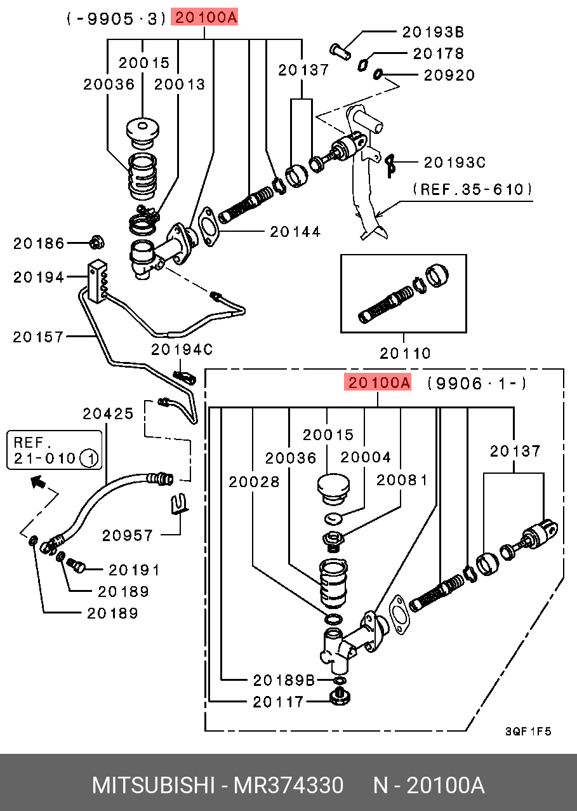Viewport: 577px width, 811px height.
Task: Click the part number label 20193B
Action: (x=433, y=32)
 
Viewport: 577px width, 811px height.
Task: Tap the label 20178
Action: (x=439, y=53)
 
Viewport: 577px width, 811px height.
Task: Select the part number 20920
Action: (x=449, y=76)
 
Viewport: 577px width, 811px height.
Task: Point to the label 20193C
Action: (x=454, y=163)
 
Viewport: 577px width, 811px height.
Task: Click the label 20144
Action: (x=295, y=232)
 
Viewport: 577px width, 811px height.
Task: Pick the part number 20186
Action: (x=39, y=243)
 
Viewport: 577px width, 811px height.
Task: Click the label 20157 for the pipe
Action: (x=38, y=337)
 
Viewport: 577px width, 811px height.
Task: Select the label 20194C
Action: (x=182, y=349)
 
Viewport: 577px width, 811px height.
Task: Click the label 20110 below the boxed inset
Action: (x=405, y=353)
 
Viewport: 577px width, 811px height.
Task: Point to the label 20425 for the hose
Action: (x=109, y=413)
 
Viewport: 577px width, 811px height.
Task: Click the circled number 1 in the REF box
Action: (x=89, y=459)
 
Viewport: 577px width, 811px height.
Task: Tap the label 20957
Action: (x=128, y=535)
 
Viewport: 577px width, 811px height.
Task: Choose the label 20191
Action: (x=134, y=570)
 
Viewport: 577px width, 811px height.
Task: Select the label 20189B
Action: (x=284, y=680)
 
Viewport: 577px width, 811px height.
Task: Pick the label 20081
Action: (x=402, y=480)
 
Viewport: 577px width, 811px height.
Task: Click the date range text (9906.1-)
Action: (x=477, y=383)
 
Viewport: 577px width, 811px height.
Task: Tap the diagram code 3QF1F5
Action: (x=528, y=732)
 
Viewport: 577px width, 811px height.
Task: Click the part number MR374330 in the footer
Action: (x=288, y=786)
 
